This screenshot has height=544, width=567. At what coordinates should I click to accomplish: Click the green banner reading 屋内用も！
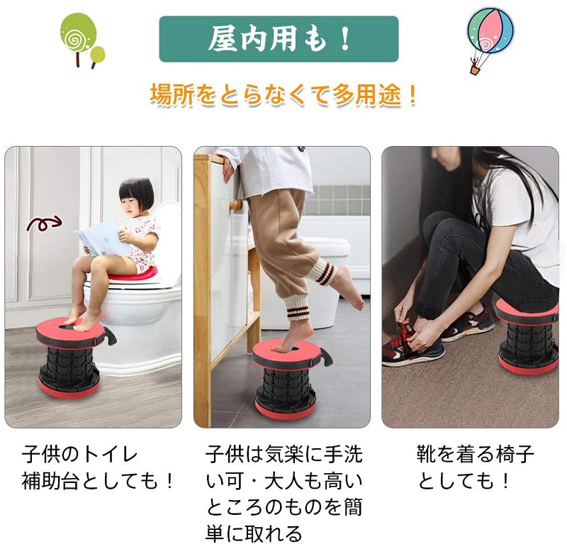coord(279,39)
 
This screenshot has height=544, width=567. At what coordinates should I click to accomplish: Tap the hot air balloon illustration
coord(490,39)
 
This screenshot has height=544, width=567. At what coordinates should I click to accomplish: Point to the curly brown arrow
coord(44,223)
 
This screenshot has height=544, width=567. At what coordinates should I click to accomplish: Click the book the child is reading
coord(102,238)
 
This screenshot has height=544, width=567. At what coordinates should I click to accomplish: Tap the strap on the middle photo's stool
coord(326,357)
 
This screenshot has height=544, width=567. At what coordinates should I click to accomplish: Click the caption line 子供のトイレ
coord(79,455)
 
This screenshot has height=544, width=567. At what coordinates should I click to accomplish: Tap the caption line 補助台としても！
coord(98,481)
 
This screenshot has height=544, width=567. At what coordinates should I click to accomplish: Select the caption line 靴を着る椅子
coord(476,455)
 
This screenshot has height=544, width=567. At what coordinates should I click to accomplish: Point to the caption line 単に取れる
coord(254,533)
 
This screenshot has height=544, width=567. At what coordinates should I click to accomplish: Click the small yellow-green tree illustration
coord(97,57)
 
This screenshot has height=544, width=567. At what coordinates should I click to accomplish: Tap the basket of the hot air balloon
coord(474,70)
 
